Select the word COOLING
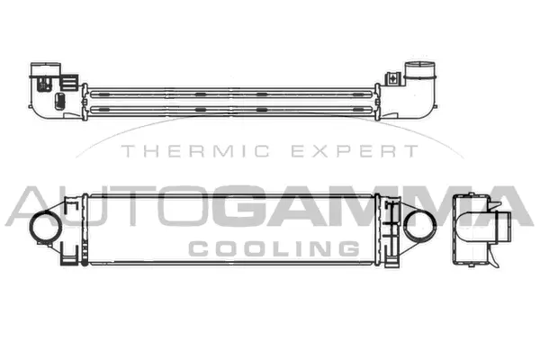point(269,247)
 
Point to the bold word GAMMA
point(377,208)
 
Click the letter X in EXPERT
point(327,152)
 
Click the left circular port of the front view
point(43,227)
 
